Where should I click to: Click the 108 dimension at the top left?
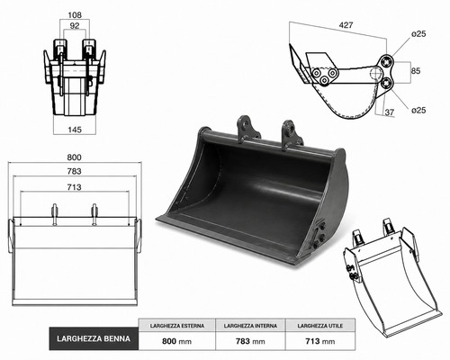[75, 14]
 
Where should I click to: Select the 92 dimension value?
[75, 26]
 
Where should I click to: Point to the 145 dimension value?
[75, 130]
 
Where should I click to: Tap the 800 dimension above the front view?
[75, 157]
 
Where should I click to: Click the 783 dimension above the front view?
[75, 171]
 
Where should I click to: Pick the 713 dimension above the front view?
[75, 187]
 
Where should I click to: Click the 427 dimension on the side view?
[346, 25]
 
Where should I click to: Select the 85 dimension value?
[416, 71]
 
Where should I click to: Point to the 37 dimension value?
[390, 112]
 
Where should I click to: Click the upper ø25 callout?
[418, 34]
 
